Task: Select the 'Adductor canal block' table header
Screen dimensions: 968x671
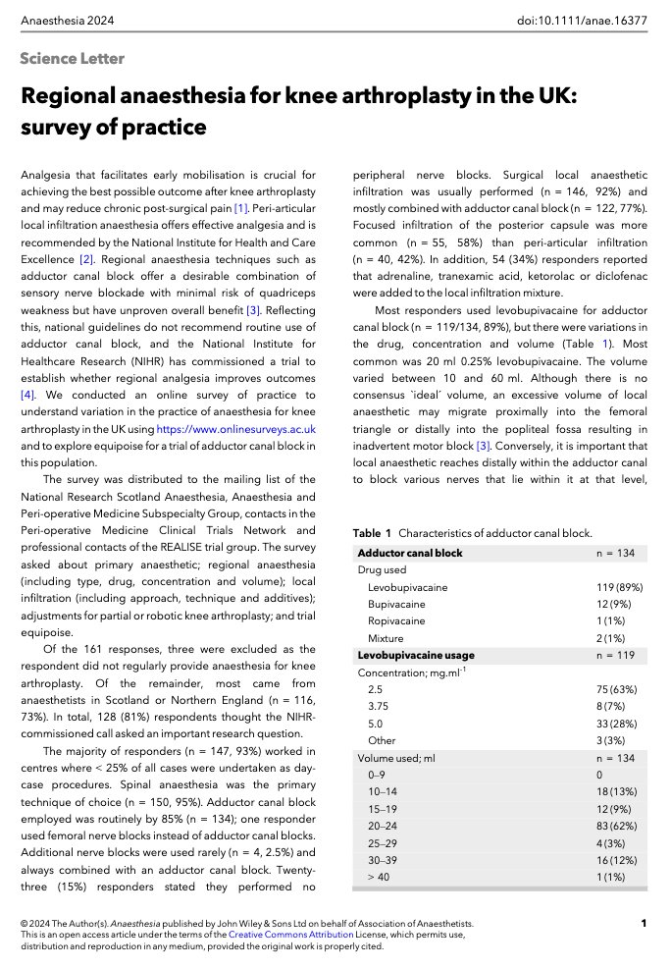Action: [x=410, y=553]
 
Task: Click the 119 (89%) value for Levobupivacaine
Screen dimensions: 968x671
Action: [x=620, y=587]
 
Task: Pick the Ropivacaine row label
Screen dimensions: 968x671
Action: [x=396, y=621]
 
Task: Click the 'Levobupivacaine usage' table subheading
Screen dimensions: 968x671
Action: [x=416, y=655]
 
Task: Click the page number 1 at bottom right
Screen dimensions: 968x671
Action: [x=643, y=923]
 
